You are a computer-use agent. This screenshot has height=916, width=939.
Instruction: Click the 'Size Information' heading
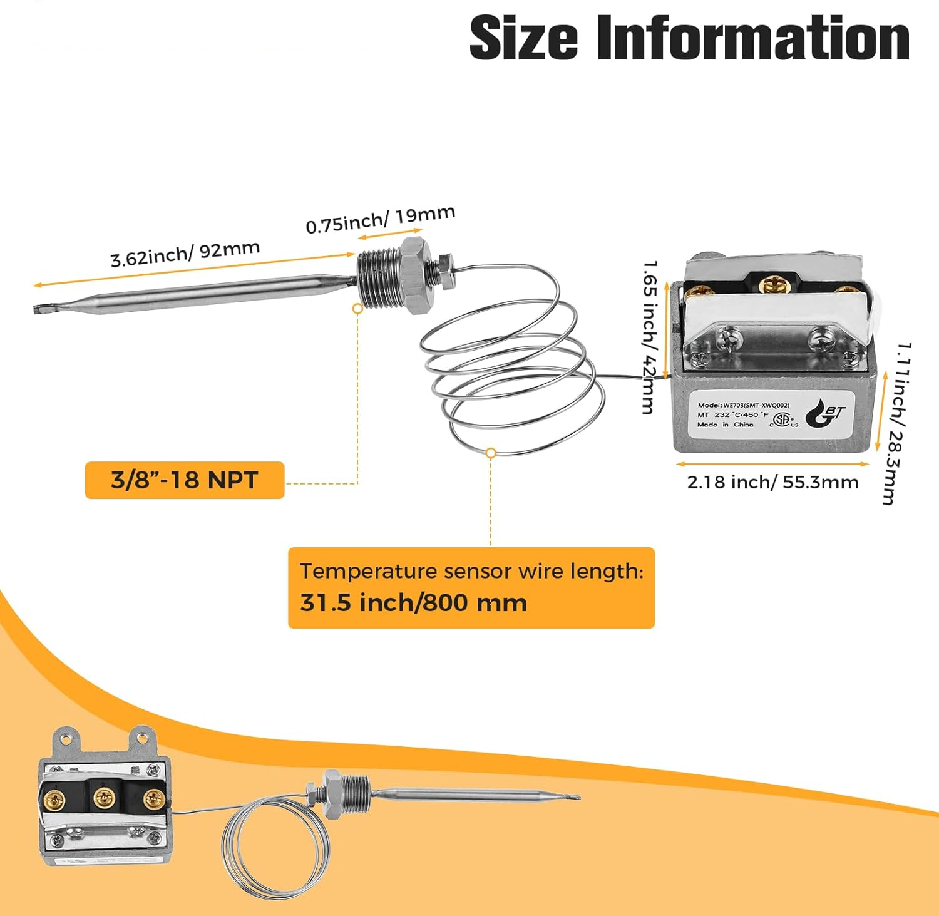point(689,38)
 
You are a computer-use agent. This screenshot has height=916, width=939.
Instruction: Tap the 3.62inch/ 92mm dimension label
point(185,254)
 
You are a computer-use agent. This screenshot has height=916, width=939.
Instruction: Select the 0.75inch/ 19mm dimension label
point(380,220)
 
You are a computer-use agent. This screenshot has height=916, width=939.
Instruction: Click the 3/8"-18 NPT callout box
point(185,480)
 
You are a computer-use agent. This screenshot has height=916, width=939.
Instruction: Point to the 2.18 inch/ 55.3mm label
point(772,482)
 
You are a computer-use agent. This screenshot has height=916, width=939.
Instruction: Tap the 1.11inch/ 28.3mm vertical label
point(896,423)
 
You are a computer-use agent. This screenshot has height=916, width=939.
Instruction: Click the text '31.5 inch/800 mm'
point(413,602)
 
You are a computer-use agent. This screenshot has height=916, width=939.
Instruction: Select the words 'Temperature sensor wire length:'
point(471,571)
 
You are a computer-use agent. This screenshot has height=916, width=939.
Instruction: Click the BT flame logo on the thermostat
point(825,414)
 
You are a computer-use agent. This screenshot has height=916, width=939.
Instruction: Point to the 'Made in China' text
point(725,425)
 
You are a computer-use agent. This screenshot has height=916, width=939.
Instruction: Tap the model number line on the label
point(743,405)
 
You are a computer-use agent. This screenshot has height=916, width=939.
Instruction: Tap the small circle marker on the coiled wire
point(491,453)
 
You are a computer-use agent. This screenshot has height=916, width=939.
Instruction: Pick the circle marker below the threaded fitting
point(357,308)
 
